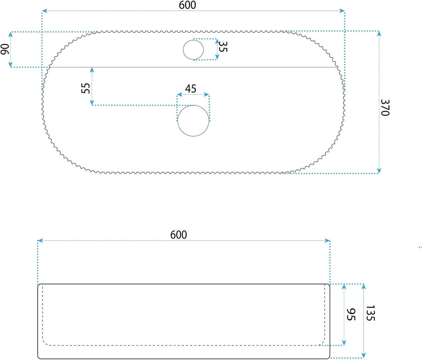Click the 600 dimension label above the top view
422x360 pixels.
point(187,5)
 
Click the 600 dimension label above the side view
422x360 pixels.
point(178,235)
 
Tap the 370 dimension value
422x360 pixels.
point(385,107)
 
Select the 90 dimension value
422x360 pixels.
point(5,49)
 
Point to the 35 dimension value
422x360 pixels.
point(223,47)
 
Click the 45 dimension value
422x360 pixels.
point(191,89)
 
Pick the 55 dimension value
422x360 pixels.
point(85,88)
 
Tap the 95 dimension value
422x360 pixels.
point(351,314)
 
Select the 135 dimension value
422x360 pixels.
point(371,313)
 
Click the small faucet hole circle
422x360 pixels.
point(193,50)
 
